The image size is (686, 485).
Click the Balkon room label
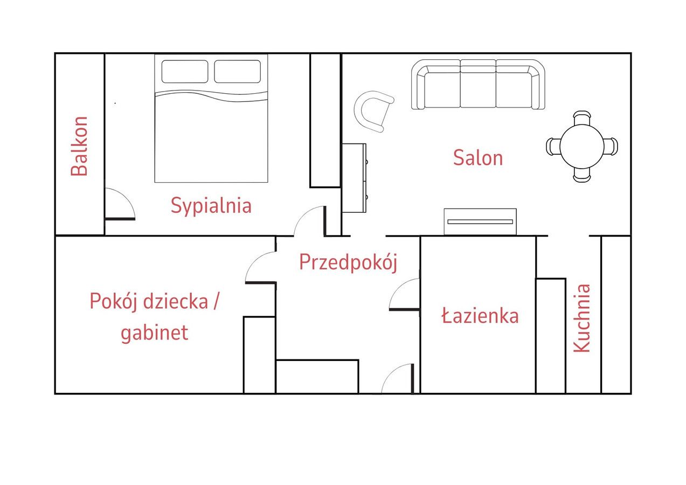(79, 146)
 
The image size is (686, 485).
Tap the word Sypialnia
(211, 206)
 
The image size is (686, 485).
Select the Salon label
(478, 158)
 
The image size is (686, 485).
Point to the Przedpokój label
(348, 263)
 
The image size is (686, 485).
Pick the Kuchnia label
(581, 318)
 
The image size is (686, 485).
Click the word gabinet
(154, 333)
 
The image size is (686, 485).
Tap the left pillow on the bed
(185, 71)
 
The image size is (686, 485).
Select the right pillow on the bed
(237, 71)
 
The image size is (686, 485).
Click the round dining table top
(581, 147)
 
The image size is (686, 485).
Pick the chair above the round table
(582, 117)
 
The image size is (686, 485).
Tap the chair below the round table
(582, 176)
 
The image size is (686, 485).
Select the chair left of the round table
(553, 147)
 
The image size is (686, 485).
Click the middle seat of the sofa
(478, 87)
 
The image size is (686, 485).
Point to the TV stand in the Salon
(480, 222)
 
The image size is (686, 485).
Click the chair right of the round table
(611, 147)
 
